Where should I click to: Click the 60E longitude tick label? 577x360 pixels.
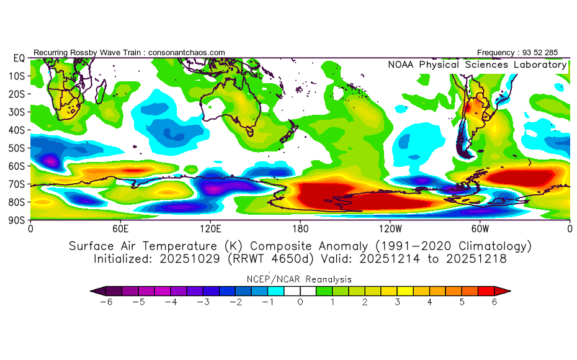click(120, 228)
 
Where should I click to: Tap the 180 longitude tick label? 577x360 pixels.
click(300, 228)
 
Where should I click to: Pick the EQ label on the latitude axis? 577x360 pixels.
click(19, 58)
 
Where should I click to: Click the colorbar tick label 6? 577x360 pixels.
click(494, 302)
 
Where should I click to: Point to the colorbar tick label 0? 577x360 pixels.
click(300, 302)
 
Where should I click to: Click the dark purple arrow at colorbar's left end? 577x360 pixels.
click(95, 290)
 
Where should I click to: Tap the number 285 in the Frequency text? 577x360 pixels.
click(550, 53)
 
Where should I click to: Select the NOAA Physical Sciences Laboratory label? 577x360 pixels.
click(477, 65)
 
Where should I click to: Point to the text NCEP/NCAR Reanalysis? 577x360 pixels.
click(300, 279)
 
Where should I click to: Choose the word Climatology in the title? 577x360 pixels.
click(491, 246)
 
